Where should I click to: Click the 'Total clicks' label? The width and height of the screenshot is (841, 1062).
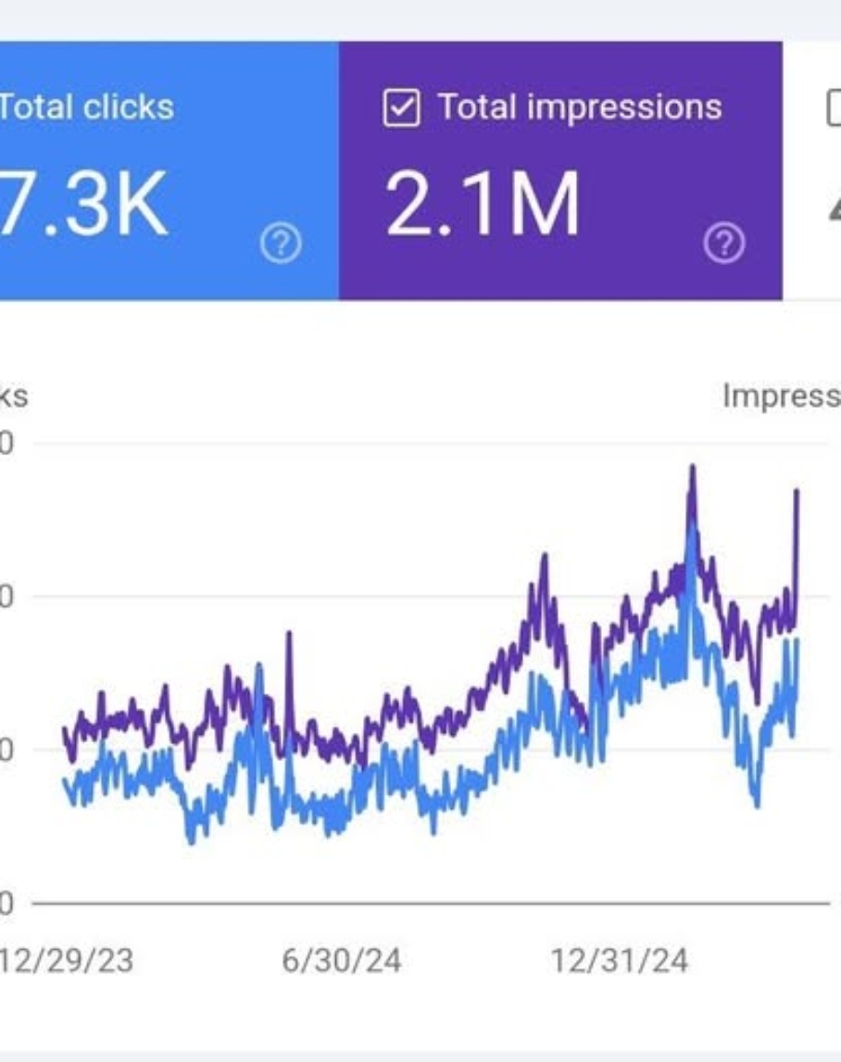pos(86,107)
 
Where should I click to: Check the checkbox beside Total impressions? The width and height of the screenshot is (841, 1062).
pos(401,108)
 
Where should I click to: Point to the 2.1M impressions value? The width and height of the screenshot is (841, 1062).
pos(483,205)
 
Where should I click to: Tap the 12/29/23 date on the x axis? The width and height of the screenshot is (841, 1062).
pos(67,960)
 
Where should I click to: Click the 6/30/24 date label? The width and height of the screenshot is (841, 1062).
pos(341,960)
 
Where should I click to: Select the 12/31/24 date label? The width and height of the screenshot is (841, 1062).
pos(619,960)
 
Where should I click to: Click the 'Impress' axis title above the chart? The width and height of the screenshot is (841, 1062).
pos(780,397)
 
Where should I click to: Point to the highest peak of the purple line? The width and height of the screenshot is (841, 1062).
pos(692,466)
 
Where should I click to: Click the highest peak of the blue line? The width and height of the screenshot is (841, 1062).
pos(691,525)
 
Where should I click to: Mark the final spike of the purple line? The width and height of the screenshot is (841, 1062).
pos(797,490)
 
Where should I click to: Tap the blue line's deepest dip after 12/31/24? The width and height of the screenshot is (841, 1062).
pos(757,804)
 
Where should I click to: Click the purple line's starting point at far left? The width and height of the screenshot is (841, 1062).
pos(64,729)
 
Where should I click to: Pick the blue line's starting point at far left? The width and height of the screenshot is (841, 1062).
pos(64,780)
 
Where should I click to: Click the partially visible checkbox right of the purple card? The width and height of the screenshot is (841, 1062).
pos(833,108)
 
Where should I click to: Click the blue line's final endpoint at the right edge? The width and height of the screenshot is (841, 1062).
pos(797,640)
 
